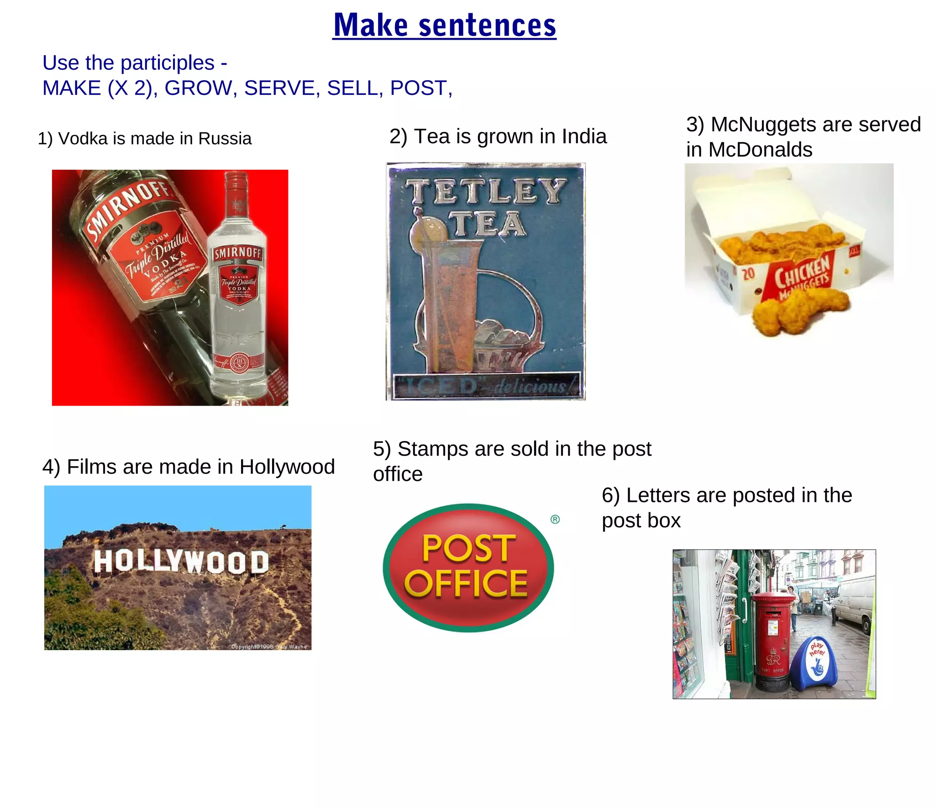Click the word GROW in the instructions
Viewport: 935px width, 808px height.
(x=198, y=88)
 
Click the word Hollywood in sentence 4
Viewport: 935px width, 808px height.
(x=287, y=467)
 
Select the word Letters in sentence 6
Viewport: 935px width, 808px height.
(x=653, y=495)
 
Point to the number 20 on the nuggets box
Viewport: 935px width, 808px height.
(x=748, y=274)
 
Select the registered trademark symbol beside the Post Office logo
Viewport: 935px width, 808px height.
(x=555, y=519)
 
